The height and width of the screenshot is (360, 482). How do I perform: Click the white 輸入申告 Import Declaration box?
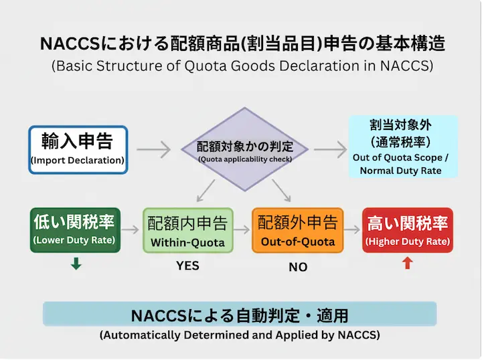tap(78, 150)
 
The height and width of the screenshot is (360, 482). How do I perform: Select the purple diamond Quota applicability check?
tap(244, 150)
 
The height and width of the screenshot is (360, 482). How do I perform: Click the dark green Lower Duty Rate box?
tap(74, 230)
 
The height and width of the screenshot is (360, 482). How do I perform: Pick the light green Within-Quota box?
tap(187, 231)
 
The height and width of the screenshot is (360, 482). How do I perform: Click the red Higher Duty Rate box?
tap(407, 230)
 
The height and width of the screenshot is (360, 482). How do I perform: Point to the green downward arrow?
tap(76, 264)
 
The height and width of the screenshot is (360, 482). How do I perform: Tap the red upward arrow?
tap(407, 264)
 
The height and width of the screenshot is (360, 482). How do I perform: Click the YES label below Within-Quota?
tap(187, 266)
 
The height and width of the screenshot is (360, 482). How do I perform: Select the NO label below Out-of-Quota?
tap(298, 267)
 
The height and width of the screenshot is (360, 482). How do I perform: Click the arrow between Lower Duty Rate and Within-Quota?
tap(131, 231)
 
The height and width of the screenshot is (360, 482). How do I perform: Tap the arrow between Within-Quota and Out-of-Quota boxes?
tap(242, 231)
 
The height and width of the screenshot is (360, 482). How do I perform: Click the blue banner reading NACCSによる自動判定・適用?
tap(240, 314)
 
